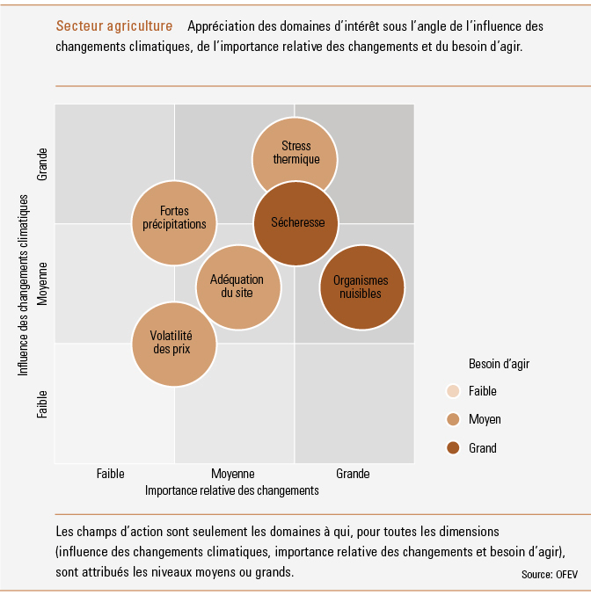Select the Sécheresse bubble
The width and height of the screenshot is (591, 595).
[x=295, y=223]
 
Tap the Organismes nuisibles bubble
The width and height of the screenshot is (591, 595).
[x=362, y=287]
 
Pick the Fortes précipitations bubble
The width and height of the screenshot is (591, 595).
[x=174, y=222]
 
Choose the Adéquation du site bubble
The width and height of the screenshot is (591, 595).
[x=238, y=287]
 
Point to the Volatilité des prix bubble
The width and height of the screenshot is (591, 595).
[x=174, y=345]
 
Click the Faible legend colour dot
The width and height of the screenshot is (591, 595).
[x=453, y=391]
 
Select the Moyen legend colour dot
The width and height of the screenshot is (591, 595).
[x=453, y=419]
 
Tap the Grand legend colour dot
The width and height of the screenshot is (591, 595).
[x=453, y=447]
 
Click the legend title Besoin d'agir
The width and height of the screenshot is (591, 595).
[x=499, y=364]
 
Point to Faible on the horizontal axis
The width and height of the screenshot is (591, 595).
[x=110, y=474]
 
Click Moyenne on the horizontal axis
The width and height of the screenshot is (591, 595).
[x=233, y=474]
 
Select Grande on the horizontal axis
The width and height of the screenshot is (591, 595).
[x=353, y=474]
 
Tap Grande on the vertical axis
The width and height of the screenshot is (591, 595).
[x=42, y=164]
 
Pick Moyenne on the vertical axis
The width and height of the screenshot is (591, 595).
[x=42, y=284]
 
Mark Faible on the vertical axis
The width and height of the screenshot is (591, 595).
[x=42, y=404]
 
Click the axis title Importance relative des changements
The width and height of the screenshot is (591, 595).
[x=231, y=490]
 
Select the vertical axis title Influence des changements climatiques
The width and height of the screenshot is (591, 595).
[x=23, y=286]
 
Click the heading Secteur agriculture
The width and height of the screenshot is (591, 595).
[x=114, y=25]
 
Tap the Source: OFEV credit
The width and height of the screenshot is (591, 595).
[x=549, y=575]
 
